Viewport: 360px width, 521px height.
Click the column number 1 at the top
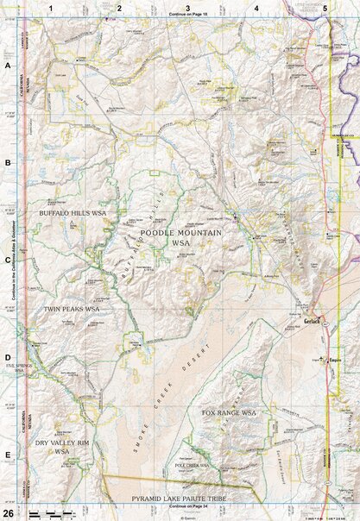click(x=52, y=7)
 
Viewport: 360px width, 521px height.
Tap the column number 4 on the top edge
click(x=256, y=7)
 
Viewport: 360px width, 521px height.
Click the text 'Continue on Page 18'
click(x=188, y=15)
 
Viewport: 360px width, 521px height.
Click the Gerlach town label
click(x=312, y=317)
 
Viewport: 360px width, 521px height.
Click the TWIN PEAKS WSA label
click(x=73, y=309)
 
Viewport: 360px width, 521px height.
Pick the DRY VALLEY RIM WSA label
click(x=61, y=446)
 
